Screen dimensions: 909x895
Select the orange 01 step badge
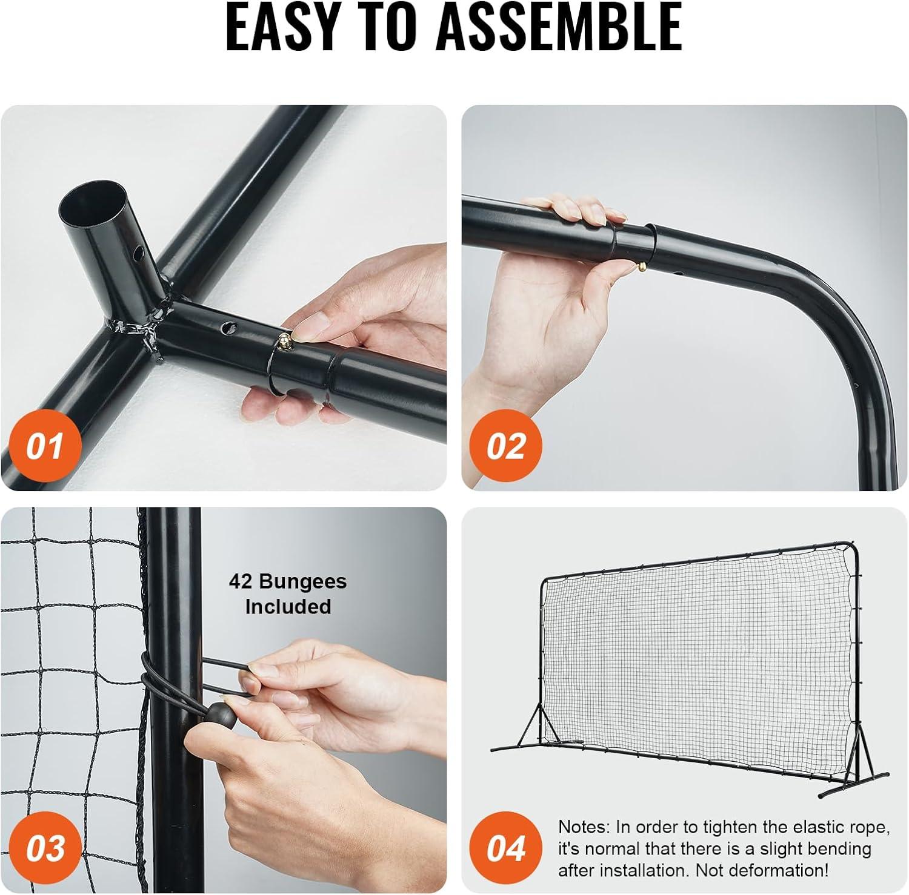pos(44,446)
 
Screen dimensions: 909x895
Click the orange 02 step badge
pos(506,446)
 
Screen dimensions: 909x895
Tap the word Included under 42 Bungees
pos(288,606)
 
